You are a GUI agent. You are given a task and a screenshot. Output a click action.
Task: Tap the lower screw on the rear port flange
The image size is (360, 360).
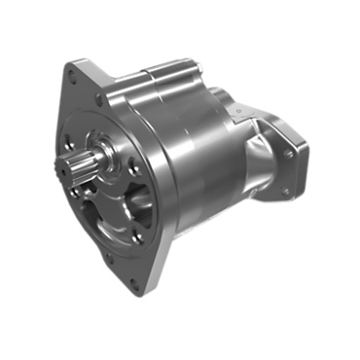tap(285, 191)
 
